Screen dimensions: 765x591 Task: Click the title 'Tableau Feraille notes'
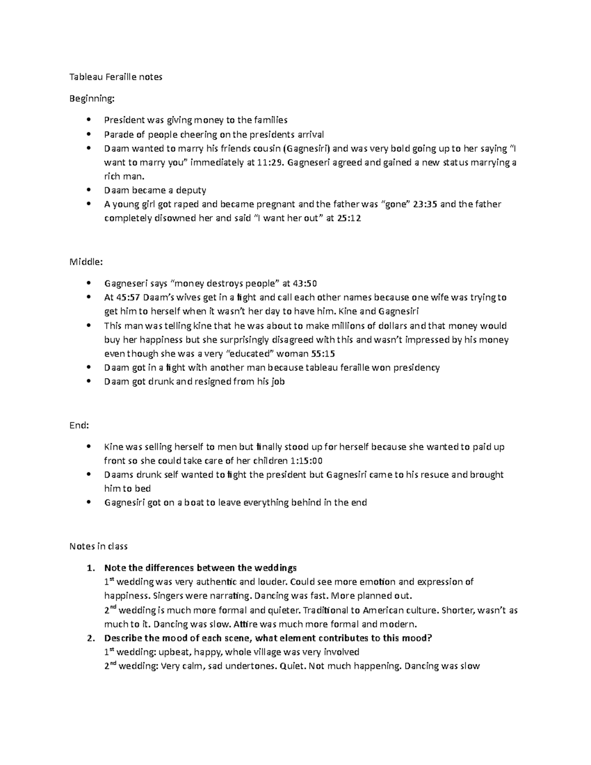click(x=116, y=77)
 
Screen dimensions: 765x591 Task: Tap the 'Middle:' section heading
click(x=86, y=262)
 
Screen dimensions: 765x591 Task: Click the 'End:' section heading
click(x=79, y=426)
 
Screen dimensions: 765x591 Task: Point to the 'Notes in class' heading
click(x=98, y=546)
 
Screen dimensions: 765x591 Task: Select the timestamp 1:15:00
click(x=306, y=461)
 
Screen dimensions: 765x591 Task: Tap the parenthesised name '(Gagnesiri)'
click(x=313, y=149)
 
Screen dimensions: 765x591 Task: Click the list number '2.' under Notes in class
click(x=90, y=638)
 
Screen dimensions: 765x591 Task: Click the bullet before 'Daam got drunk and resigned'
click(x=89, y=381)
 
